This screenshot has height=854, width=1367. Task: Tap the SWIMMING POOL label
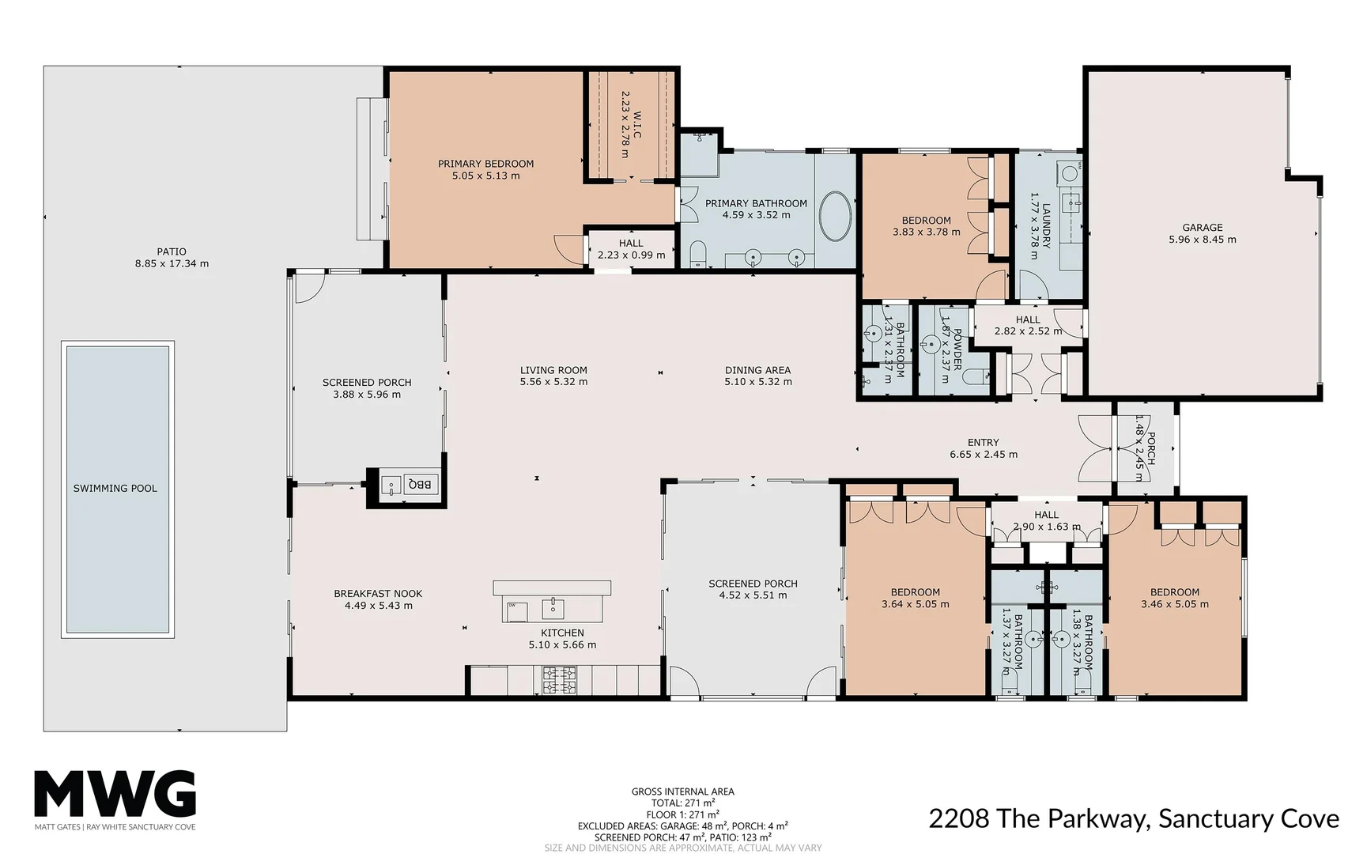pos(115,489)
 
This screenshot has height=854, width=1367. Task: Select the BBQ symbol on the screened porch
pos(418,484)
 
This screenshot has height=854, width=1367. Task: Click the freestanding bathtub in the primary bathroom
pos(835,216)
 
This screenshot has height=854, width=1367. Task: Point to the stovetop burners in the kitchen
pos(559,680)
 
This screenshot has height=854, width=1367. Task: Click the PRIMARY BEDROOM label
pos(485,164)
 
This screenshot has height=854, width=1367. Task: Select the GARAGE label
pos(1202,227)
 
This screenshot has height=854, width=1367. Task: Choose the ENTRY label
pos(983,442)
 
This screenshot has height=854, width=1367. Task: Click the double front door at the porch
pos(1096,448)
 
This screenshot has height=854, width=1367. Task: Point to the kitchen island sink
pos(553,608)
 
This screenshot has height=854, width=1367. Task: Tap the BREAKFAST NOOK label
pos(378,593)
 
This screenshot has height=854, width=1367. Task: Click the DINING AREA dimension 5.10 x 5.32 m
pos(757,382)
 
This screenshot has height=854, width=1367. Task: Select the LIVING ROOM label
pos(553,369)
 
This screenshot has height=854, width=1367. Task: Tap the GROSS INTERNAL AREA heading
pos(682,791)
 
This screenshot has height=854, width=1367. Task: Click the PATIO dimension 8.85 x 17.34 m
pos(172,264)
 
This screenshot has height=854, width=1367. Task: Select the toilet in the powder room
pos(978,376)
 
